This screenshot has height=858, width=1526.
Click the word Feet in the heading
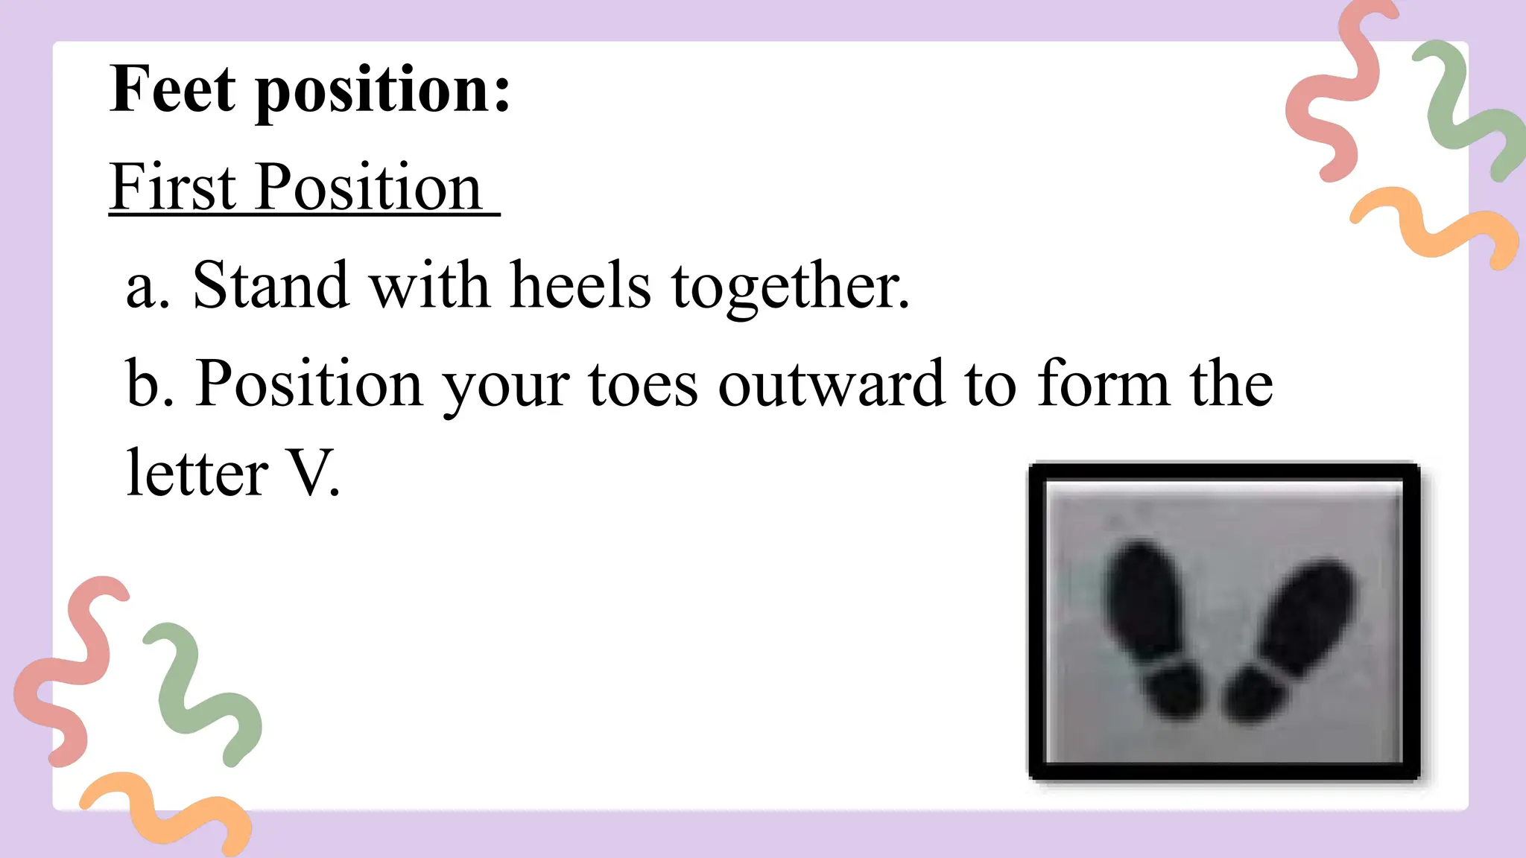[x=173, y=89]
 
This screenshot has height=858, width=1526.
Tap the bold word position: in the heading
[x=383, y=91]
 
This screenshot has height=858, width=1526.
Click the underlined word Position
[x=369, y=187]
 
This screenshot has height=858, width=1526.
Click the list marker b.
[x=149, y=384]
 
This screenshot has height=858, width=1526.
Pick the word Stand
[x=270, y=285]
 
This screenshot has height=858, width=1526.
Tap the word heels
[x=580, y=285]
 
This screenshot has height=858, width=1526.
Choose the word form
[x=1104, y=384]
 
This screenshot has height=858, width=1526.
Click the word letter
[x=197, y=474]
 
